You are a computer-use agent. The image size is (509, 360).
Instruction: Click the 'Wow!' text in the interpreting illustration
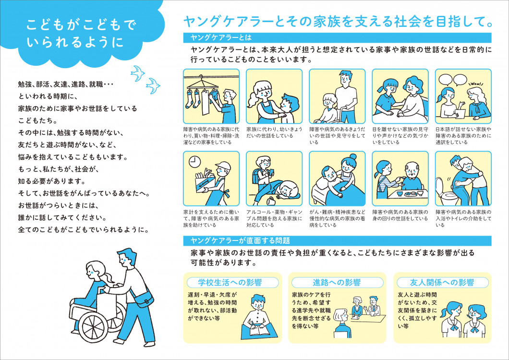pos(476,84)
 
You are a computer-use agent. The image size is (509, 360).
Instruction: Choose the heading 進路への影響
pos(337,282)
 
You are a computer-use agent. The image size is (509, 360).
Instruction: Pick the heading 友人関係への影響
pos(442,282)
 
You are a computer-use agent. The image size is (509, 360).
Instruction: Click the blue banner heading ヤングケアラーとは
pos(221,37)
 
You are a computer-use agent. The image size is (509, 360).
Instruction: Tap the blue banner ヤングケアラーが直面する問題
pos(240,240)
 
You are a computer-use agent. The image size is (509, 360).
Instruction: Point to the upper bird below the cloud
pos(138,72)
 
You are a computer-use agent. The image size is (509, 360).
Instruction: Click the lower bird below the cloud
pos(153,86)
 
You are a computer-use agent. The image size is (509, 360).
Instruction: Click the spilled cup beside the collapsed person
pos(270,200)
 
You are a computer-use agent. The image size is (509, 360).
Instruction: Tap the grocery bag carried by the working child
pos(205,183)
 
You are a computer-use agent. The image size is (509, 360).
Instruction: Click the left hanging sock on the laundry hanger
pos(189,99)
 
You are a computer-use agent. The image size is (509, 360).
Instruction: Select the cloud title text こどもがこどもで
pos(81,25)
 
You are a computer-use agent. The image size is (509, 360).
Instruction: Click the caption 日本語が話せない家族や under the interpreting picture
pos(463,129)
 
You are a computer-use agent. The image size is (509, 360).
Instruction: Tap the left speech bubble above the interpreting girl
pos(445,80)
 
